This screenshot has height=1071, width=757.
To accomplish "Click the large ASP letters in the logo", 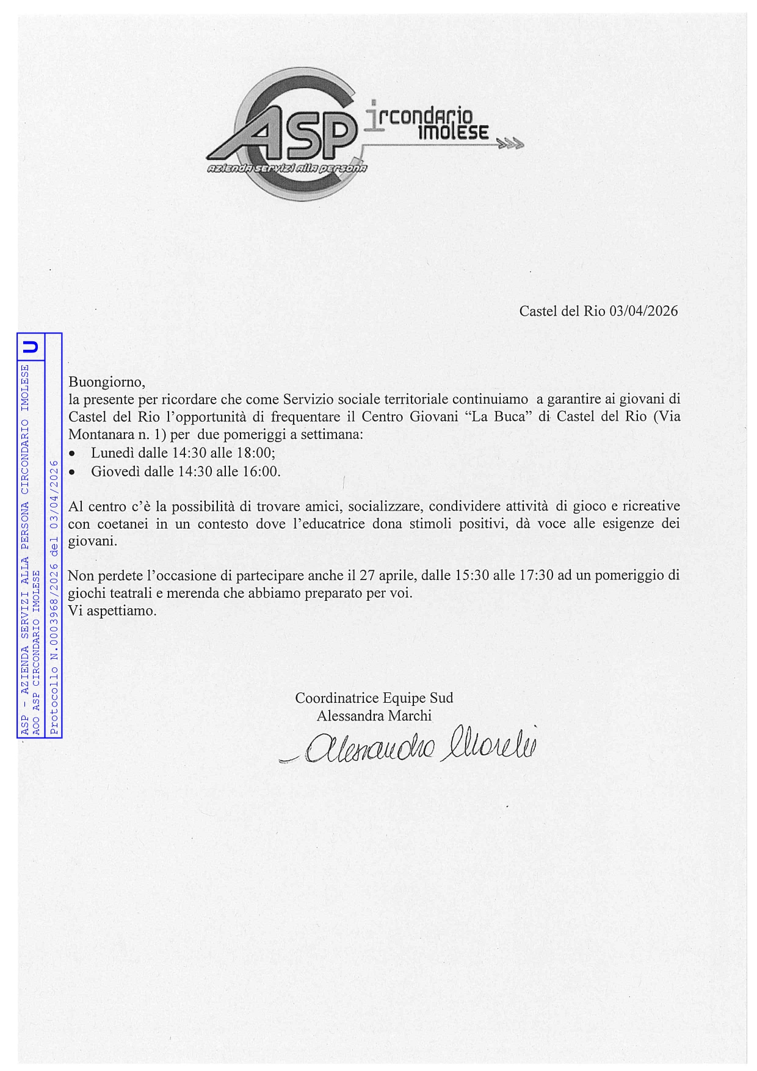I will pyautogui.click(x=293, y=131).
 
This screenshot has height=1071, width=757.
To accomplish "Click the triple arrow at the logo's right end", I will pyautogui.click(x=510, y=145).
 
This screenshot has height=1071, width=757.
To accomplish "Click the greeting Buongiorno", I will pyautogui.click(x=107, y=383).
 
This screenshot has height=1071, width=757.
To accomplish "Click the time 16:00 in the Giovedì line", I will pyautogui.click(x=263, y=471).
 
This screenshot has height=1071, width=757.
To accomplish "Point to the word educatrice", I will pyautogui.click(x=339, y=524).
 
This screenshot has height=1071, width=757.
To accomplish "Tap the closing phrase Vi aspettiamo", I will pyautogui.click(x=112, y=611).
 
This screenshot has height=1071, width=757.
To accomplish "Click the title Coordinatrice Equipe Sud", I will pyautogui.click(x=374, y=698).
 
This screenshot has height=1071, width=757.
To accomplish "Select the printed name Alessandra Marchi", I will pyautogui.click(x=374, y=716).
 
